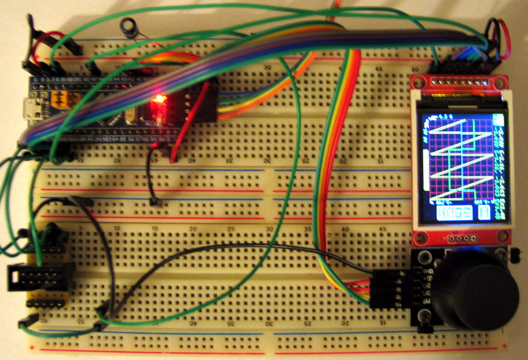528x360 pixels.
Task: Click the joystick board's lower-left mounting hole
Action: click(x=423, y=317)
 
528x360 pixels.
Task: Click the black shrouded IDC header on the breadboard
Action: click(x=41, y=276)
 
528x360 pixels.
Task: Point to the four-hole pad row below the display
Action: click(x=461, y=238)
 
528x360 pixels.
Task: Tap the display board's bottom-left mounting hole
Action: click(x=421, y=237)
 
